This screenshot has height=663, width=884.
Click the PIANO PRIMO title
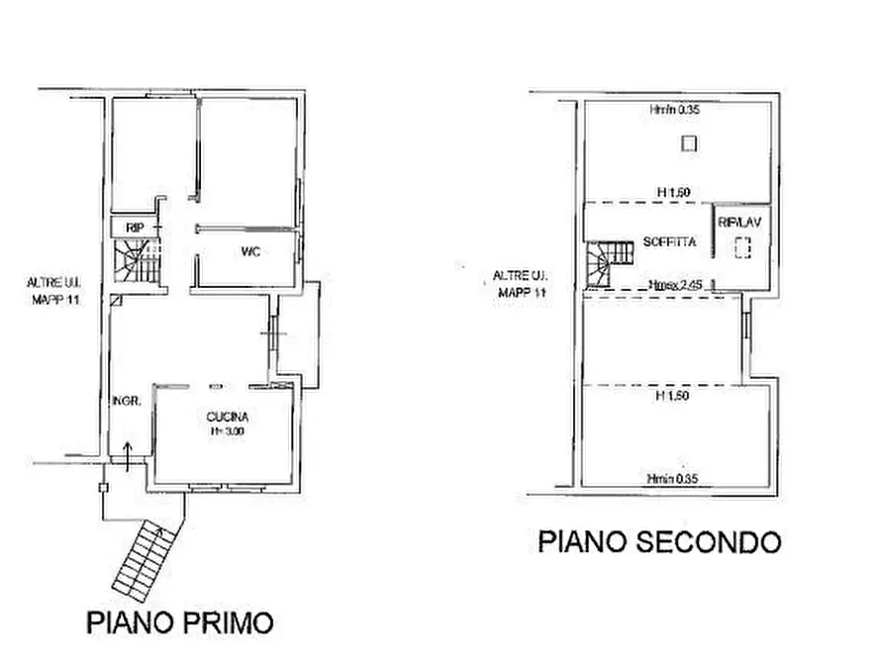(179, 622)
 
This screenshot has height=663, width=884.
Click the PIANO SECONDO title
(659, 541)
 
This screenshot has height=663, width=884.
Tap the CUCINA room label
(229, 417)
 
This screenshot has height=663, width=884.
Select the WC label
(250, 251)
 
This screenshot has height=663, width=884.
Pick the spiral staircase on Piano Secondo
(605, 263)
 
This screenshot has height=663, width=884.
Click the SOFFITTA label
(669, 241)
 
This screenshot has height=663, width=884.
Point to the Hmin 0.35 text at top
(675, 111)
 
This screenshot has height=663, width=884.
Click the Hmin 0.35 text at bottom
(672, 479)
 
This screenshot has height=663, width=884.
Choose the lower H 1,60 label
(673, 395)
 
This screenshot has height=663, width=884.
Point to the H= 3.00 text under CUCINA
(229, 431)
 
